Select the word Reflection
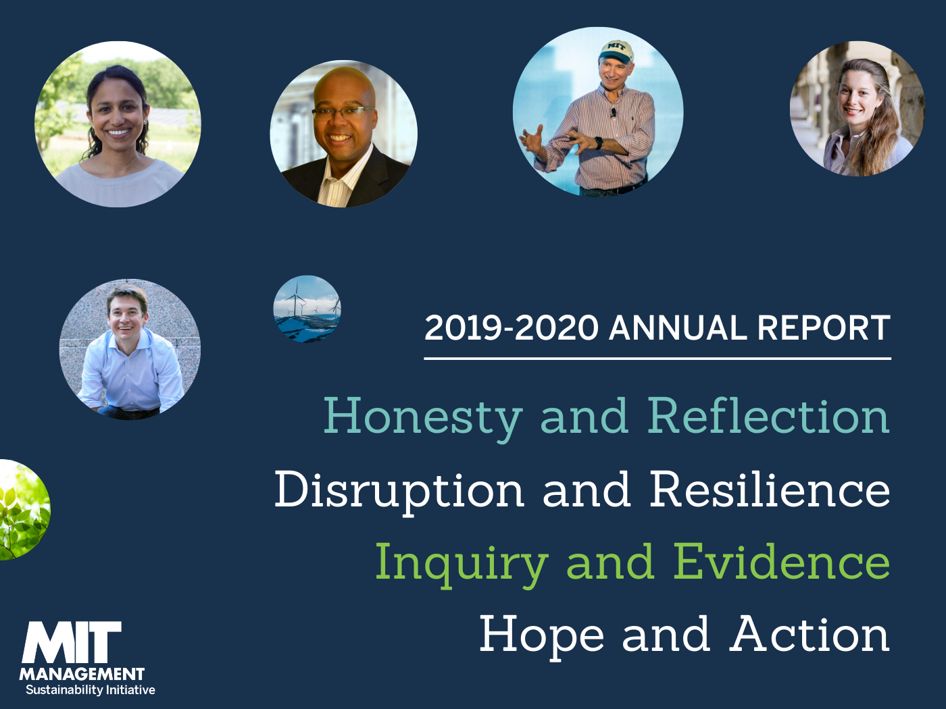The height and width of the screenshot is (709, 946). point(768,415)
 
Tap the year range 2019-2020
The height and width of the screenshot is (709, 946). point(512,328)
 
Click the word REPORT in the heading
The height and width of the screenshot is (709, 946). point(824,328)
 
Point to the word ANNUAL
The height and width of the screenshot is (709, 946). point(678,328)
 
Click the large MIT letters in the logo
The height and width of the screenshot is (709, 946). point(72,642)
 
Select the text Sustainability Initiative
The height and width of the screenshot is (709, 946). point(91,690)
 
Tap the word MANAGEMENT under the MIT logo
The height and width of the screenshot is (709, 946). point(82,674)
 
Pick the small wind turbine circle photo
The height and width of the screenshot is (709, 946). point(307,309)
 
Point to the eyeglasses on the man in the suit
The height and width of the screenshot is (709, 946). point(343,112)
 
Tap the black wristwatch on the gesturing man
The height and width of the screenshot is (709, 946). point(599,143)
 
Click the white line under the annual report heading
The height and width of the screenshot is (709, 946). point(657,358)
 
